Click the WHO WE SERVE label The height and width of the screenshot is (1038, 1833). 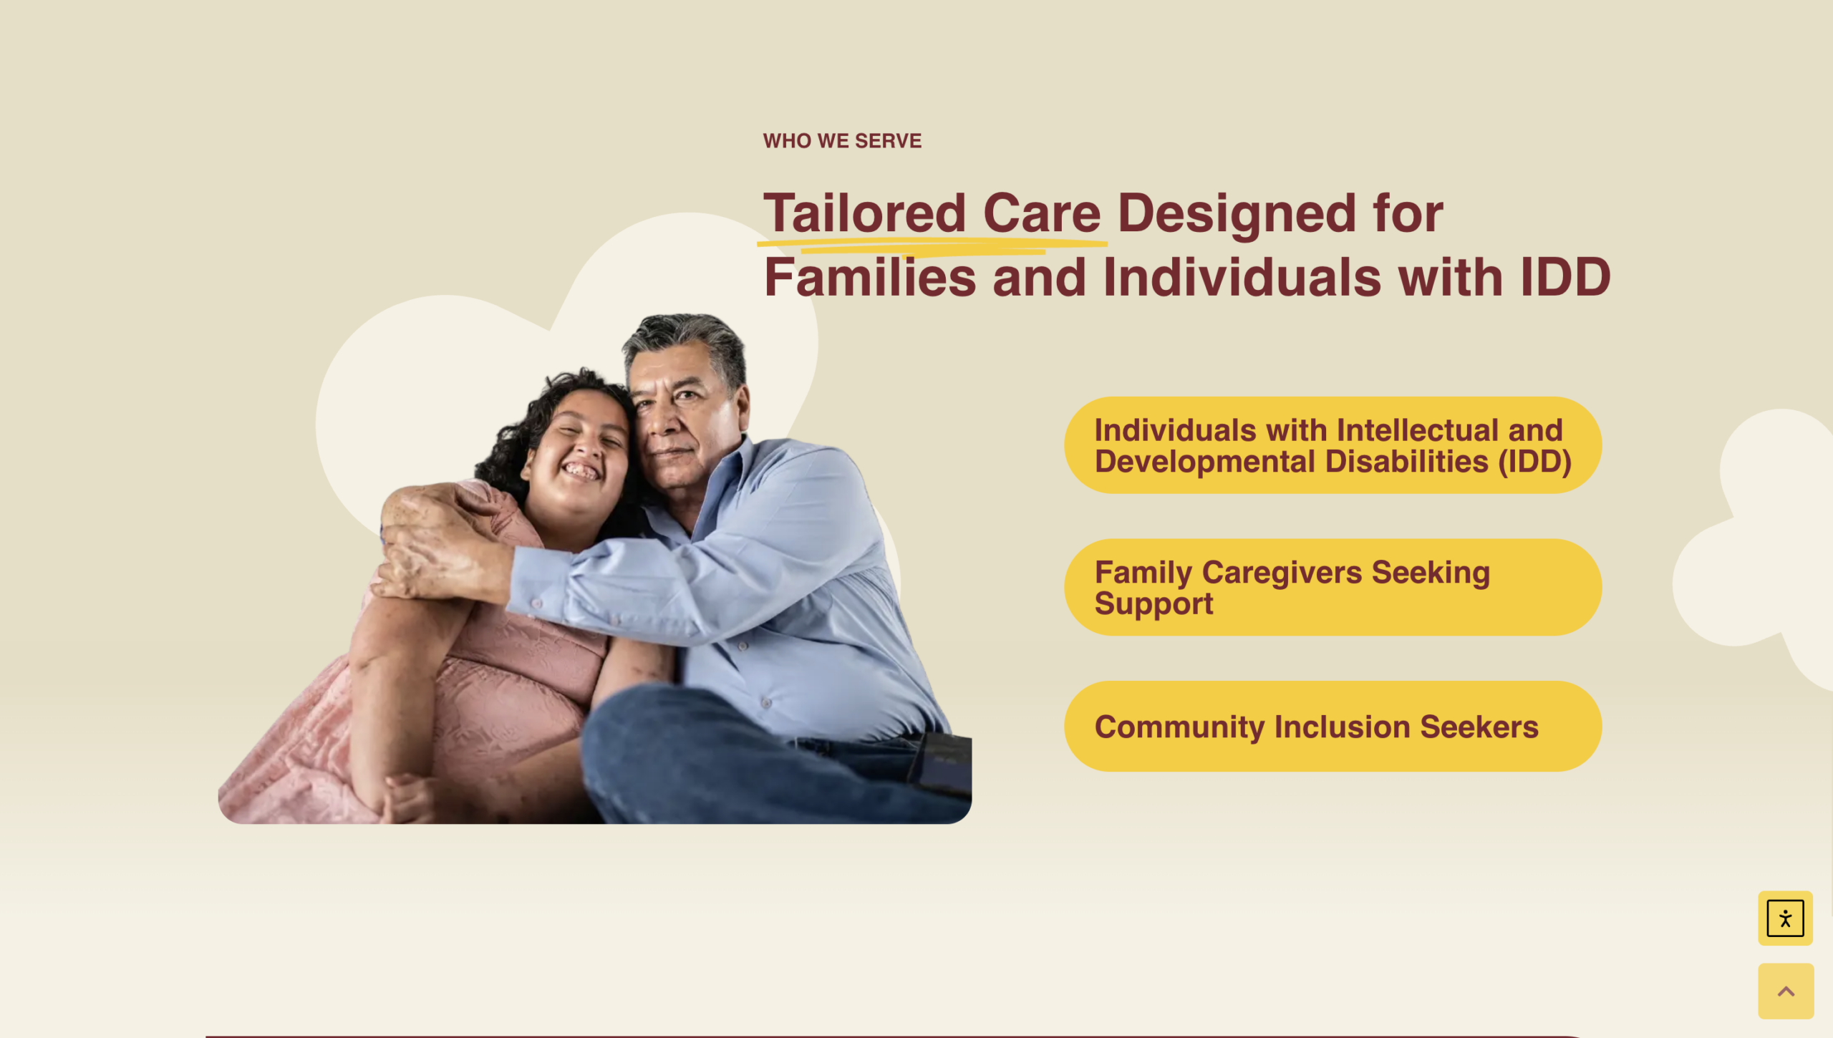tap(842, 141)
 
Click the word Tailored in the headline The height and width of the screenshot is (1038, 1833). tap(865, 213)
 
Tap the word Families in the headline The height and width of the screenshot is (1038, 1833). tap(870, 278)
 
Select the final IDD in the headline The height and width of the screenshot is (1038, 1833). tap(1565, 278)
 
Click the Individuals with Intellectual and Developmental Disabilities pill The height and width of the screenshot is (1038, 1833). tap(1333, 445)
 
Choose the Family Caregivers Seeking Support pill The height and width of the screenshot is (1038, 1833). tap(1333, 587)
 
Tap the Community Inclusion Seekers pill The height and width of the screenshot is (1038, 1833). tap(1333, 726)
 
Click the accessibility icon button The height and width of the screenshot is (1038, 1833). tap(1785, 918)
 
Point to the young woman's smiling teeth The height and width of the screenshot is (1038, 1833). tap(580, 471)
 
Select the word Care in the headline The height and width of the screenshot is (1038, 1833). tap(1042, 213)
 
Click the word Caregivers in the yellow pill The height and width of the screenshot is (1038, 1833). tap(1282, 573)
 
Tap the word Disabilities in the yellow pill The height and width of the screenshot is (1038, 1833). tap(1406, 462)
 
